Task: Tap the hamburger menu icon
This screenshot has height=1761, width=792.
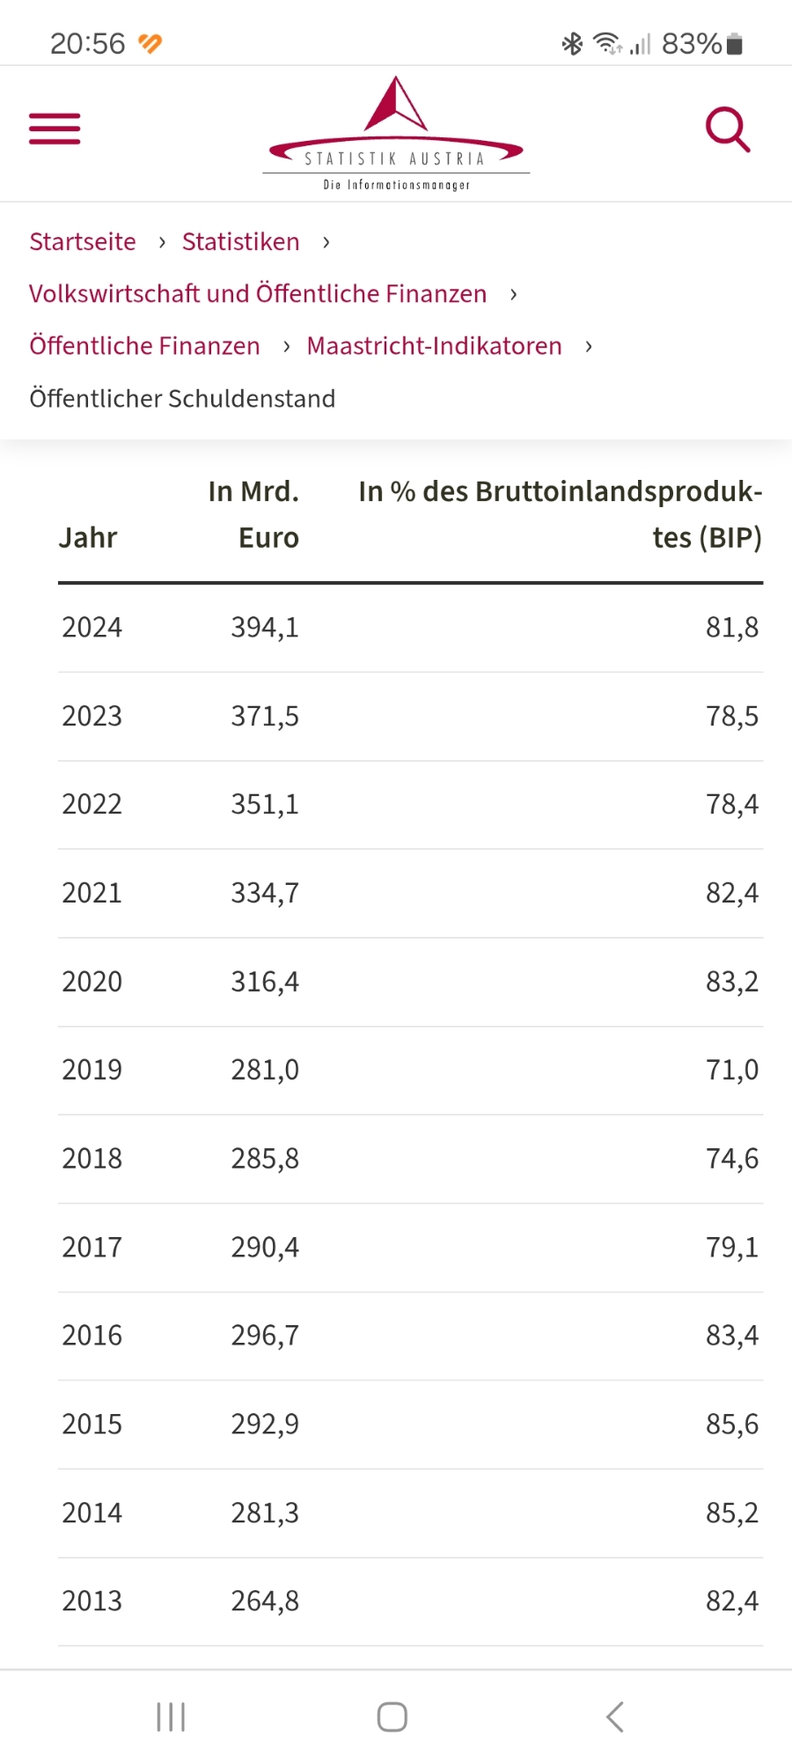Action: [x=55, y=129]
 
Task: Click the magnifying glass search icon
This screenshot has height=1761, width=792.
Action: [x=728, y=130]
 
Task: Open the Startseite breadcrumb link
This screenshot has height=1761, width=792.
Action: [x=83, y=242]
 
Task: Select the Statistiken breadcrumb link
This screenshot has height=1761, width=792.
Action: [x=240, y=242]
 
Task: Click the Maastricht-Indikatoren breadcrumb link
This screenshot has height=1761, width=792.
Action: [x=434, y=346]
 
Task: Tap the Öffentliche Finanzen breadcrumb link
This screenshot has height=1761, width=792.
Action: [x=144, y=346]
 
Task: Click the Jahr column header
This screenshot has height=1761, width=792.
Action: [x=88, y=538]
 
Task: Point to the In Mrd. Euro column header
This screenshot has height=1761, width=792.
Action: [x=254, y=514]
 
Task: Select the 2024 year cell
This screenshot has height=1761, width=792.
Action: [x=92, y=628]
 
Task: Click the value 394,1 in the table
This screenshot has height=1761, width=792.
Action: [x=265, y=628]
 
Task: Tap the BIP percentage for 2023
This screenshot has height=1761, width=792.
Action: [x=731, y=716]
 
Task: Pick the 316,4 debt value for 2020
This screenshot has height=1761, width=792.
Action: [x=265, y=982]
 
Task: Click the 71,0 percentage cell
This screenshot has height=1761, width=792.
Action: [x=731, y=1070]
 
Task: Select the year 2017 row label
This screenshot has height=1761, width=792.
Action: [x=92, y=1248]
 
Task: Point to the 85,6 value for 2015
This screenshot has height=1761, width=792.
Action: [x=731, y=1425]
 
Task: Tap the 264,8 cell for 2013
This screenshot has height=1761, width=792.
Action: [x=265, y=1602]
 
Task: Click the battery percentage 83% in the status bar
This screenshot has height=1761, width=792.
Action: [x=692, y=43]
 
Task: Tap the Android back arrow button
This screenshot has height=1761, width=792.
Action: [x=615, y=1717]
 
